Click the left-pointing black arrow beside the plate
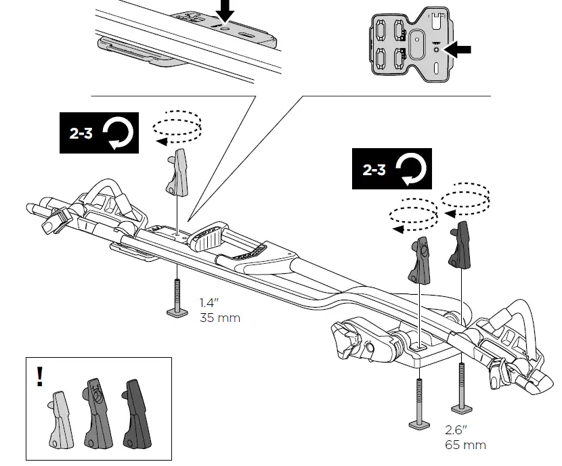[460, 49]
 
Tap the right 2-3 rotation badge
[391, 169]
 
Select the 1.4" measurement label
[209, 304]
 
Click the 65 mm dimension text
[465, 445]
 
